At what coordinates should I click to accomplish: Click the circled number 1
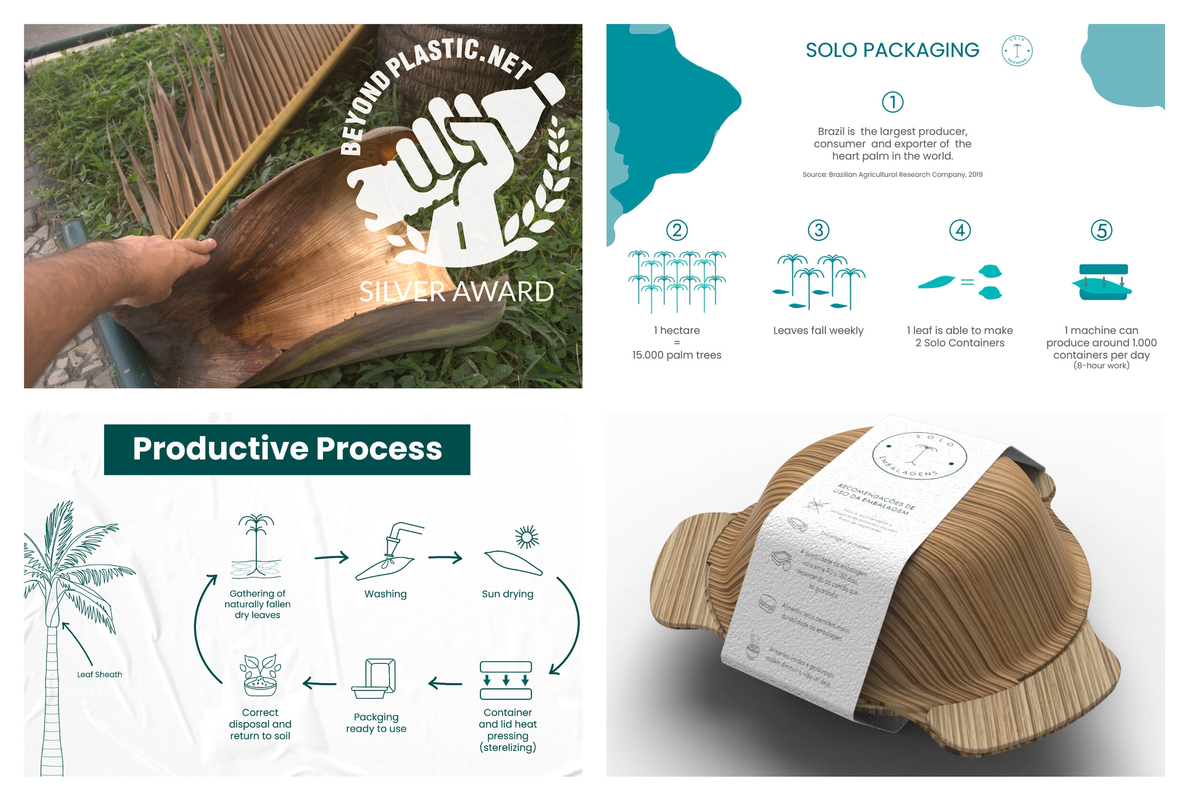click(x=892, y=102)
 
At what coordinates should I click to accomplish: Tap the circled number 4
click(x=959, y=230)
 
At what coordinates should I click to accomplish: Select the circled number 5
click(x=1101, y=230)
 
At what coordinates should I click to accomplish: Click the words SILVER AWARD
click(x=456, y=292)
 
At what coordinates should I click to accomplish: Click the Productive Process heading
click(x=287, y=449)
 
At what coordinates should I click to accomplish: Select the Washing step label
click(x=385, y=594)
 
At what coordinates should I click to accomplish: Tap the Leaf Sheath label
click(x=99, y=674)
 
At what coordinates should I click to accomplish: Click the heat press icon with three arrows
click(x=506, y=680)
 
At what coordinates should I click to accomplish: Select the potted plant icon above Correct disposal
click(x=261, y=676)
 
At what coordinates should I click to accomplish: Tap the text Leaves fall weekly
click(x=818, y=331)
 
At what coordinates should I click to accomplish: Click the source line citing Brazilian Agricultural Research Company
click(x=892, y=175)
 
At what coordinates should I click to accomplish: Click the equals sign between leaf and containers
click(x=967, y=282)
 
